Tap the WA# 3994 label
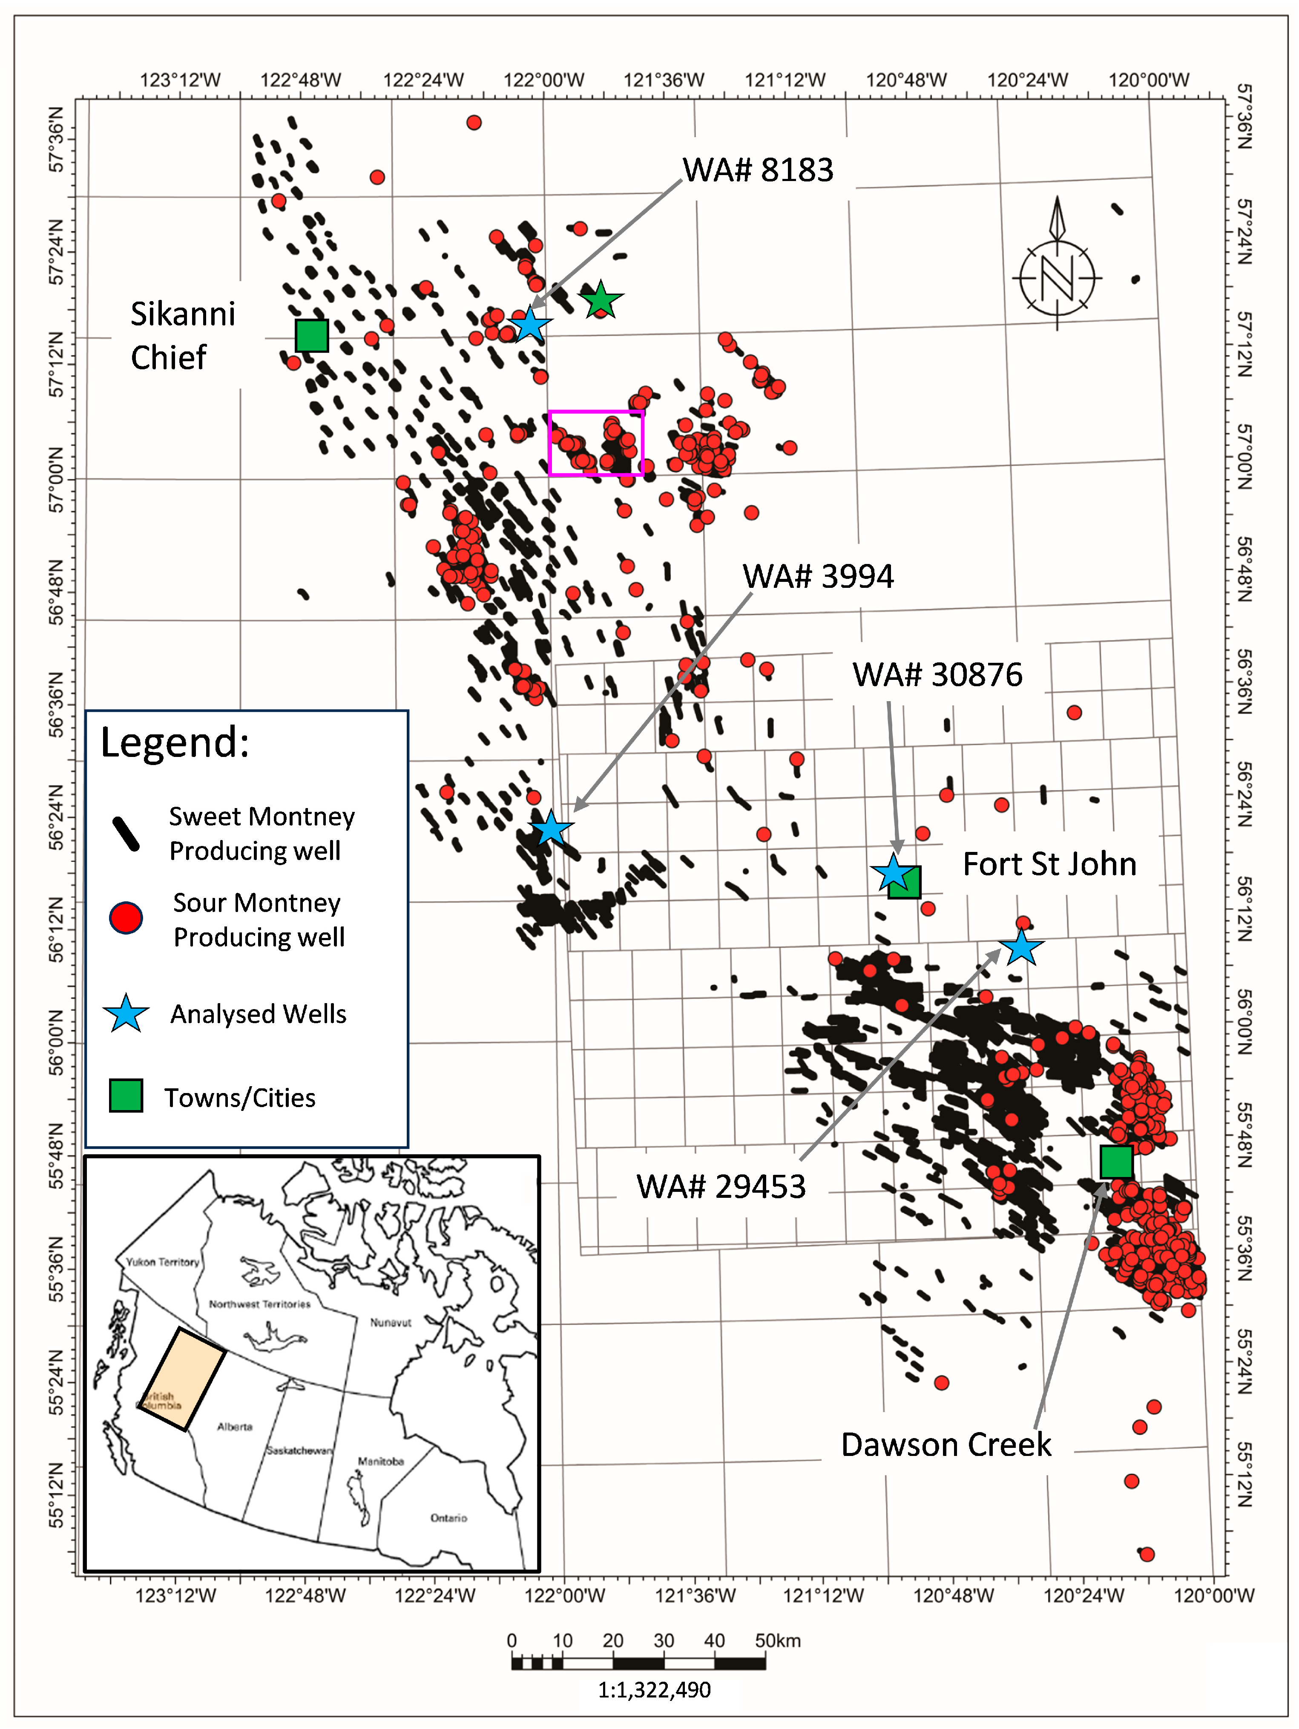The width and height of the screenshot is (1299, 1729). tap(818, 576)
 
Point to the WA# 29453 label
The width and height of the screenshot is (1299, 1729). tap(721, 1187)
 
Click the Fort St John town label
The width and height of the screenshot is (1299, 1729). tap(1049, 865)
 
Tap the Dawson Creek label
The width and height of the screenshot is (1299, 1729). tap(946, 1444)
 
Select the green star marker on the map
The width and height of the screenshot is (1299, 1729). tap(600, 299)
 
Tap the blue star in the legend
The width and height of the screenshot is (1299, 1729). tap(126, 1014)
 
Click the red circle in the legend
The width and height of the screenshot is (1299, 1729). tap(126, 918)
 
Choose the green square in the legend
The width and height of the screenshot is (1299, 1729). tap(126, 1096)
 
